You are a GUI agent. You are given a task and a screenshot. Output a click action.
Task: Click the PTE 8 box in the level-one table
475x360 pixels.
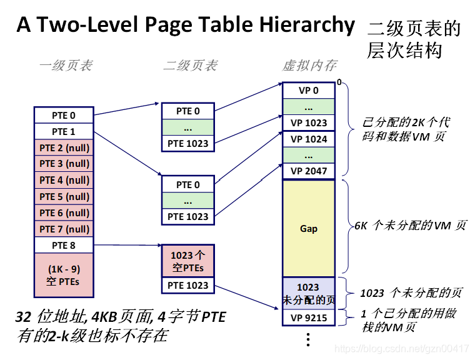[63, 245]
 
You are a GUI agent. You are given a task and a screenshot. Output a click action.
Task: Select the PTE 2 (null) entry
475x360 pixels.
[63, 147]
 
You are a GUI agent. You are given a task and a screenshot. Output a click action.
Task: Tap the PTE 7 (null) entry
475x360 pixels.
[63, 229]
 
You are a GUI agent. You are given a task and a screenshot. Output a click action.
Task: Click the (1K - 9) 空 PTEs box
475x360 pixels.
[63, 275]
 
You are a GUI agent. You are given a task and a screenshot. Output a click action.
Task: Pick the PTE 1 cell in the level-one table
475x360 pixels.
[63, 131]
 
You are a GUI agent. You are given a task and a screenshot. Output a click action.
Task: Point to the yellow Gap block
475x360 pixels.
[309, 228]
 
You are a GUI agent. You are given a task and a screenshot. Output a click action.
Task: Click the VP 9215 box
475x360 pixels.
[309, 317]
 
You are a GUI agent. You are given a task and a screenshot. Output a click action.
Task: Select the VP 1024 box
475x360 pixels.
[309, 139]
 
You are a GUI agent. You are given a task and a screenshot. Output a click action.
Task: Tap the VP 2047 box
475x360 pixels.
[309, 171]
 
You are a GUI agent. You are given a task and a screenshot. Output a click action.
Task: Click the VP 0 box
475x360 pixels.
[309, 90]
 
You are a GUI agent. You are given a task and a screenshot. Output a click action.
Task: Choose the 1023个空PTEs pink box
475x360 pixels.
[188, 261]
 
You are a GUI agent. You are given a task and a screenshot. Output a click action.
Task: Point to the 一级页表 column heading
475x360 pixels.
[66, 65]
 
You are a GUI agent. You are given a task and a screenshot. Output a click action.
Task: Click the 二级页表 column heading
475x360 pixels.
[190, 65]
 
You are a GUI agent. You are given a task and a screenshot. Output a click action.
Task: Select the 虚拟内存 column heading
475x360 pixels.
[309, 65]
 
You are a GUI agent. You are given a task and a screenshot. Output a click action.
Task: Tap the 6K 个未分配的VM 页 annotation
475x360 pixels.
[411, 226]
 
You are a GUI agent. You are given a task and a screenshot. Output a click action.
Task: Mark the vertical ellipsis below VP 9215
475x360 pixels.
[307, 339]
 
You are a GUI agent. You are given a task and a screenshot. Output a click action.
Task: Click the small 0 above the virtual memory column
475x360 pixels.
[339, 82]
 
